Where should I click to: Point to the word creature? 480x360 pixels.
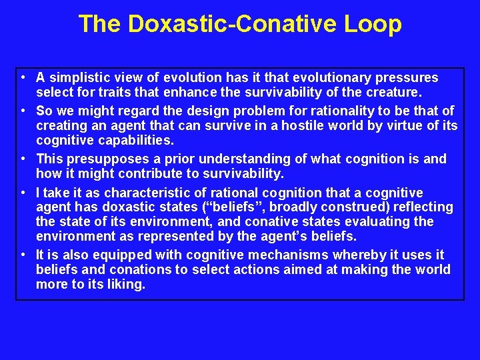click(385, 92)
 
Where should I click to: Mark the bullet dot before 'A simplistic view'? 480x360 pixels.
click(23, 78)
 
